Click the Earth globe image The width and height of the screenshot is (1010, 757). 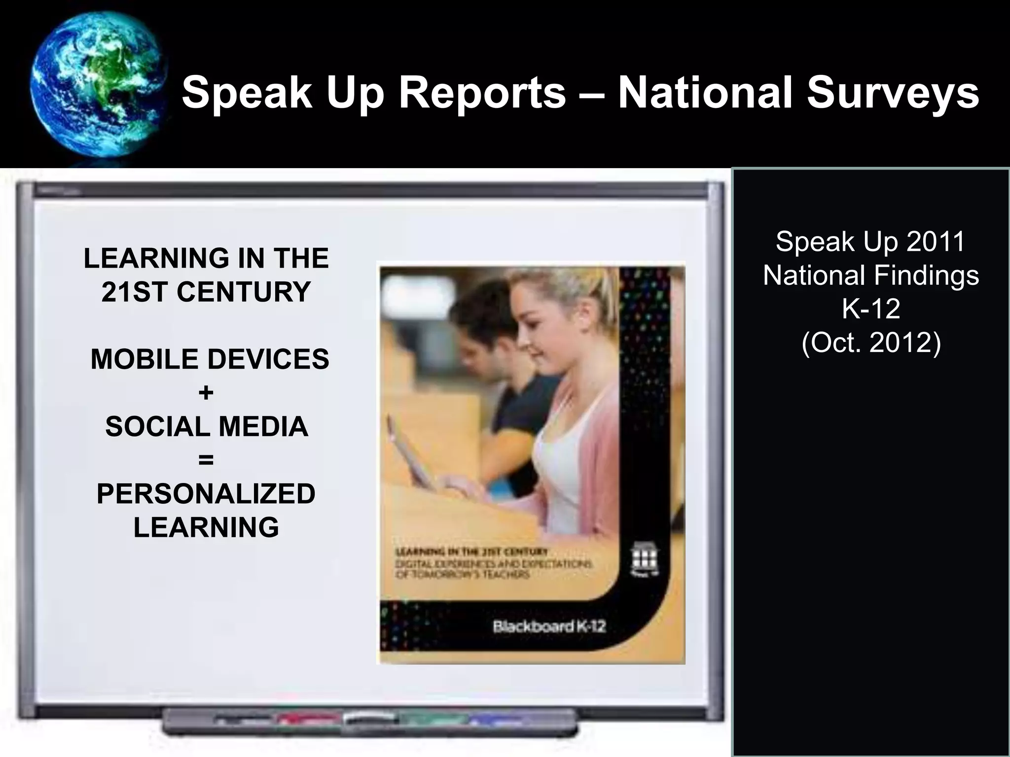[96, 84]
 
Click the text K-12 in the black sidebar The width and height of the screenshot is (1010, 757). [871, 309]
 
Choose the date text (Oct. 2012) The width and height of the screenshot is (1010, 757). [871, 343]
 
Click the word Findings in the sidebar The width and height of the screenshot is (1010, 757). [927, 275]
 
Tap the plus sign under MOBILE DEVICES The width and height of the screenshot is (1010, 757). [206, 393]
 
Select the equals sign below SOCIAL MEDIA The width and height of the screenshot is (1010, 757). [206, 460]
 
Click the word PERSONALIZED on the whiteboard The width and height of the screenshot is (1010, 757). [206, 494]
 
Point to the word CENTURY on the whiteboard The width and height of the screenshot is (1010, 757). [244, 292]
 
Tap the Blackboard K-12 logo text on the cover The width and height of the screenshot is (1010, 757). [549, 627]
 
